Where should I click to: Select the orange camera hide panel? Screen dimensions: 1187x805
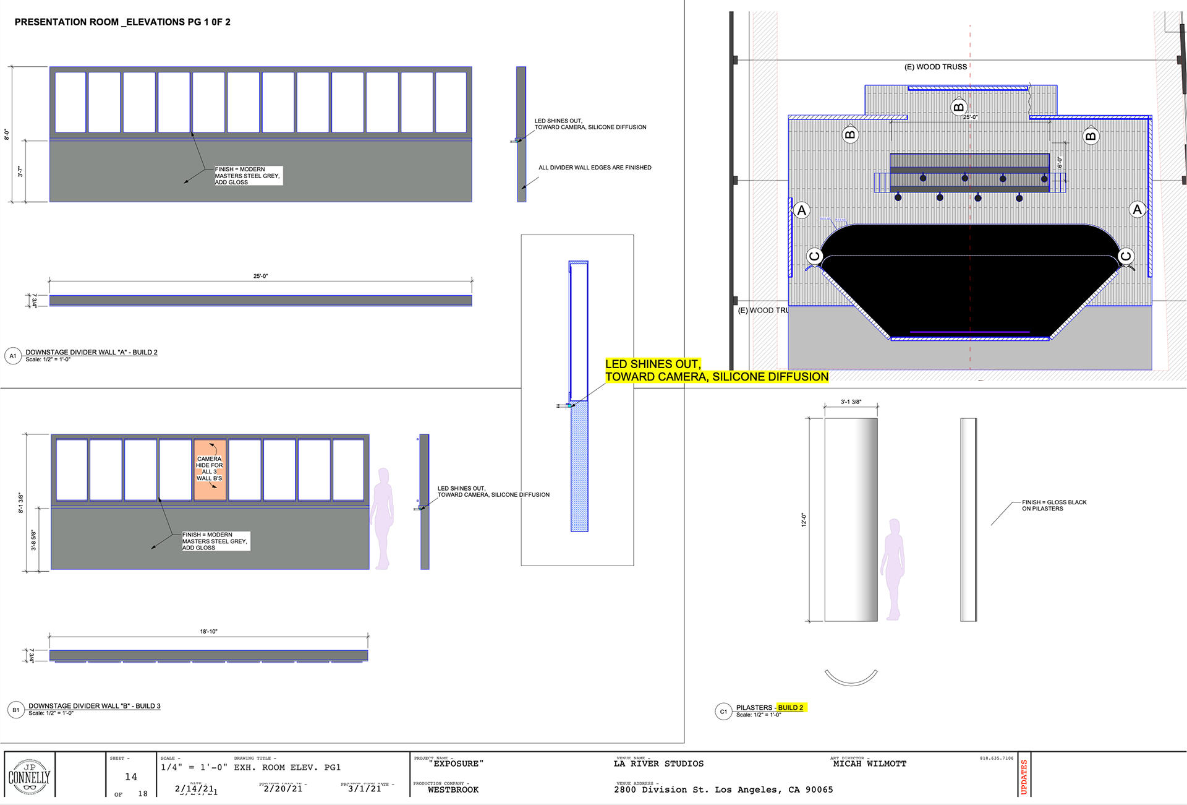tap(210, 469)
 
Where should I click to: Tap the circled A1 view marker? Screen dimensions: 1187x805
tap(13, 356)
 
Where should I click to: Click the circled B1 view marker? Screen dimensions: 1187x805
tap(15, 710)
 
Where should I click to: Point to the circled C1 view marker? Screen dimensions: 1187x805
tap(723, 712)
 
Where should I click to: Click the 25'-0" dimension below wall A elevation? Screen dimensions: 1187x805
tap(260, 276)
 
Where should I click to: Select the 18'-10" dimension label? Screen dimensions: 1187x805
tap(208, 632)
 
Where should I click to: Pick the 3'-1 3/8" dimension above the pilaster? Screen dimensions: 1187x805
tap(851, 402)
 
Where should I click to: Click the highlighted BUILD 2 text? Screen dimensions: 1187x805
tap(791, 707)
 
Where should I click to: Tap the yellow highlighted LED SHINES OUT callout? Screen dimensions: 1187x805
tap(716, 371)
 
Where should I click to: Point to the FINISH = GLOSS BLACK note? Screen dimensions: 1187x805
tap(1053, 506)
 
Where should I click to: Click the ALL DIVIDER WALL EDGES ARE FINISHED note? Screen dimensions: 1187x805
tap(595, 168)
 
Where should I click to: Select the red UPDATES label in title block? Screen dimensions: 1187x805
tap(1024, 777)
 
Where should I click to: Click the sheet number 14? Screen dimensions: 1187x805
tap(131, 777)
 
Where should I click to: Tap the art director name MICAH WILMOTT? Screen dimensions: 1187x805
tap(869, 764)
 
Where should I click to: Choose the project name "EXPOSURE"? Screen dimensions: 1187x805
tap(456, 764)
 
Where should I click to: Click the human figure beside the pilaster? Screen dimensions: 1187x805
tap(893, 569)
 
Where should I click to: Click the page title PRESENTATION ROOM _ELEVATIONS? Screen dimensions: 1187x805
tap(122, 22)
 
